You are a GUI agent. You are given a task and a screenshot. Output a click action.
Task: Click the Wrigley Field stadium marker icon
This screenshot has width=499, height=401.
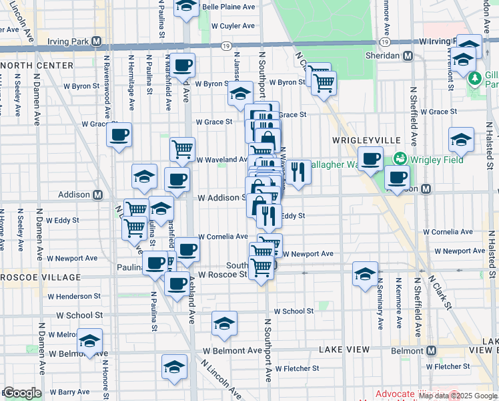pyautogui.click(x=400, y=159)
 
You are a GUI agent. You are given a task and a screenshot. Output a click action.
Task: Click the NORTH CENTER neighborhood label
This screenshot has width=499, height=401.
pyautogui.click(x=37, y=65)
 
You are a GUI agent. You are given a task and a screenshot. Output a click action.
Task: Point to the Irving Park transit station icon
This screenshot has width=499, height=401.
pyautogui.click(x=97, y=41)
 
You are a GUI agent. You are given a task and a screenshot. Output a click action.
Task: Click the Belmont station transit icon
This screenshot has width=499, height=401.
pyautogui.click(x=431, y=350)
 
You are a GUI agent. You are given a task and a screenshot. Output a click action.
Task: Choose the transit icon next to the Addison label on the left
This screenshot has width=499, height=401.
pyautogui.click(x=97, y=194)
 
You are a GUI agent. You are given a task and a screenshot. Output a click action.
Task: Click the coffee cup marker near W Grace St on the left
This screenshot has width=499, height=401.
pyautogui.click(x=119, y=135)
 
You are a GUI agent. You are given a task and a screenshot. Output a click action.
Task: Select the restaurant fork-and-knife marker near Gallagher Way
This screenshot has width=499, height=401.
pyautogui.click(x=299, y=172)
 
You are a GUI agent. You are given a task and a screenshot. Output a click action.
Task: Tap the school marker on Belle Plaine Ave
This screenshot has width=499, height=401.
pyautogui.click(x=186, y=7)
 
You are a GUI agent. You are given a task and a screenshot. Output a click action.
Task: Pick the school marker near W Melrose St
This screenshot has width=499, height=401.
pyautogui.click(x=89, y=340)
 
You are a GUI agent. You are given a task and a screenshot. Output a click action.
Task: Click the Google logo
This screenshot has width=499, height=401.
pyautogui.click(x=21, y=393)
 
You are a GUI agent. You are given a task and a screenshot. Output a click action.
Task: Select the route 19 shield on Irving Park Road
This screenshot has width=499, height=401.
pyautogui.click(x=227, y=45)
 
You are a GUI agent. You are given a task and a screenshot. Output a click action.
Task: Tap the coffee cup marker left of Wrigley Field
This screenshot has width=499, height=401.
pyautogui.click(x=370, y=159)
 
